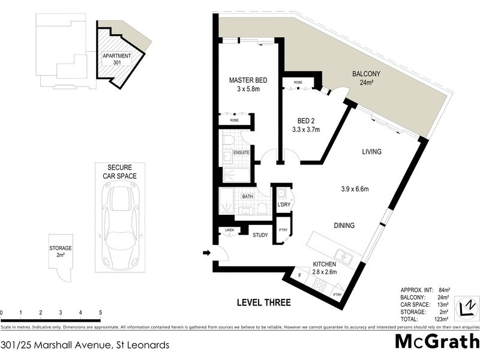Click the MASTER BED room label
pyautogui.click(x=248, y=80)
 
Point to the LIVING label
pyautogui.click(x=371, y=152)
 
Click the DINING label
pyautogui.click(x=344, y=226)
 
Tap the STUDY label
pyautogui.click(x=260, y=235)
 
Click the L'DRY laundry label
pyautogui.click(x=284, y=205)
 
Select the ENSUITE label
pyautogui.click(x=242, y=153)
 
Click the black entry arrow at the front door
pyautogui.click(x=207, y=253)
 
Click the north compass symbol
pyautogui.click(x=466, y=308)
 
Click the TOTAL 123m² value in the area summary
pyautogui.click(x=441, y=320)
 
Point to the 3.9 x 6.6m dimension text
pyautogui.click(x=351, y=190)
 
